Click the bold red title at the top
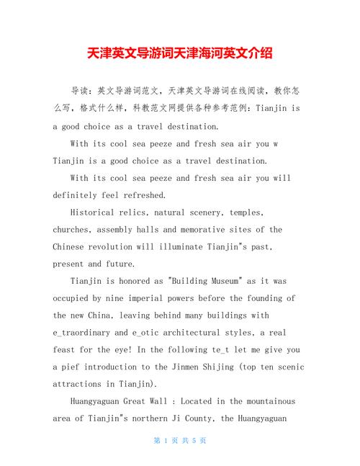[180, 53]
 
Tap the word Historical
[97, 212]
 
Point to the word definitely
[80, 195]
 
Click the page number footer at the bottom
[180, 441]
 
